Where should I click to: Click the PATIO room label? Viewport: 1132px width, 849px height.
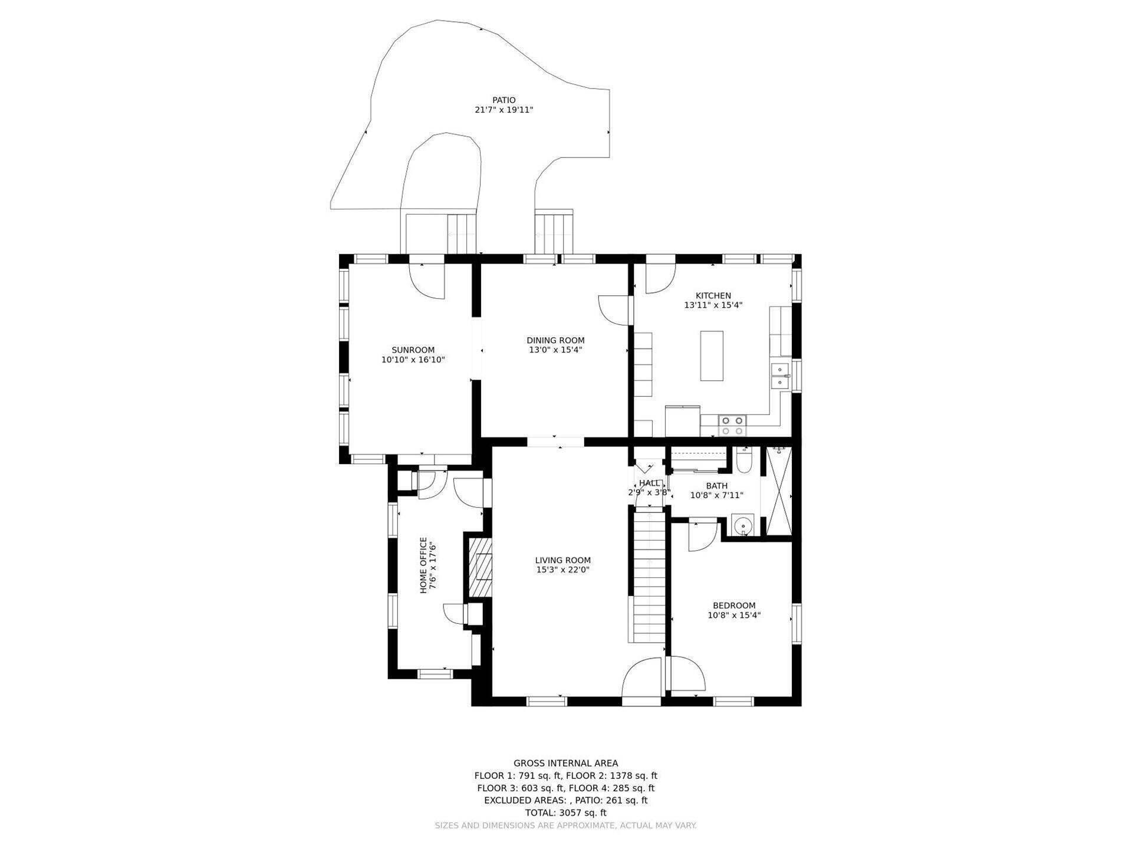[x=504, y=100]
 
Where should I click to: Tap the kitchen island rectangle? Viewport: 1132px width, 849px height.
[x=712, y=356]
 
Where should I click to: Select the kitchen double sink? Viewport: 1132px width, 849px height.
[x=780, y=376]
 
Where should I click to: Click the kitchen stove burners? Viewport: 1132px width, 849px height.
[x=732, y=425]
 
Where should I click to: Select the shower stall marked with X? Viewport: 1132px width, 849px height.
[x=779, y=491]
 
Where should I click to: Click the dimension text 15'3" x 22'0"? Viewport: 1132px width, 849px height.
[x=562, y=570]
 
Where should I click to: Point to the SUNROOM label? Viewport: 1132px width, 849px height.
[x=413, y=350]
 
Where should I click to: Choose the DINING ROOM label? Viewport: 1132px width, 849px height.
[x=555, y=340]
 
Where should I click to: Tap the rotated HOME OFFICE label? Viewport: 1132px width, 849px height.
[x=423, y=565]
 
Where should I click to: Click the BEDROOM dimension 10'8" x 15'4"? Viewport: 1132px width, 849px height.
[x=734, y=615]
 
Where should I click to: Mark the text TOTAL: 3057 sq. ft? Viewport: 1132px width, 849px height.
[x=565, y=812]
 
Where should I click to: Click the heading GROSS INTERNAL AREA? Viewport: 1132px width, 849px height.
[x=565, y=763]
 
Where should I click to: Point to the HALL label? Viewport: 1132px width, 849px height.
[x=649, y=483]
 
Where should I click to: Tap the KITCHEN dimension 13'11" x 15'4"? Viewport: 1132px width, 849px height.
[x=713, y=305]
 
